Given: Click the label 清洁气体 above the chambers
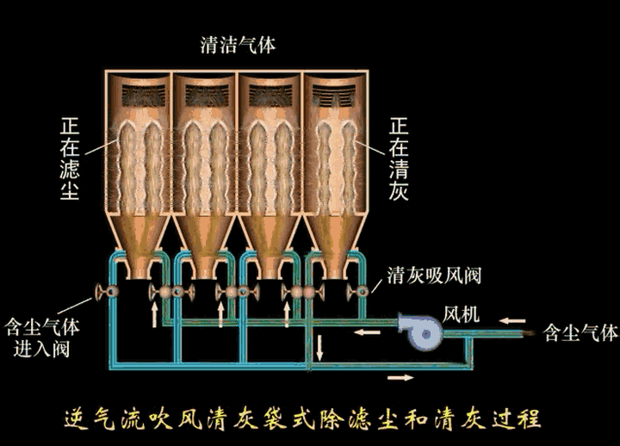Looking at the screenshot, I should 237,46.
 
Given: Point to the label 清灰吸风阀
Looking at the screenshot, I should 433,276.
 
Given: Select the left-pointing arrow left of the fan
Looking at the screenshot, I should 368,331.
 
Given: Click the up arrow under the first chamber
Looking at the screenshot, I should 155,315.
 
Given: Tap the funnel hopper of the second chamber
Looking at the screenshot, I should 203,241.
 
